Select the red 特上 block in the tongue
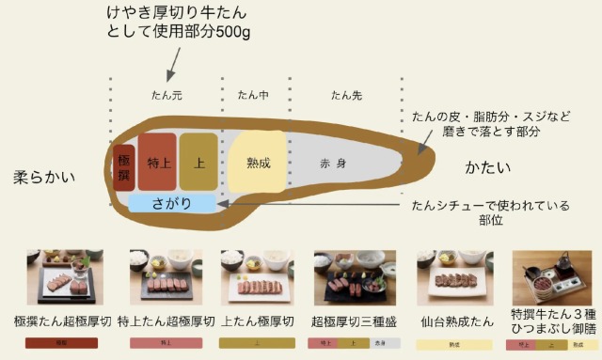(157, 162)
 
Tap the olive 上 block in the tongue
(198, 162)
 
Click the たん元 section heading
(166, 95)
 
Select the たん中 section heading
(252, 95)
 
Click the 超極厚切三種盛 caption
(355, 321)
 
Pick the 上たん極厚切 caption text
(257, 321)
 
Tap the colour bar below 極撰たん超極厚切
(65, 344)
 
